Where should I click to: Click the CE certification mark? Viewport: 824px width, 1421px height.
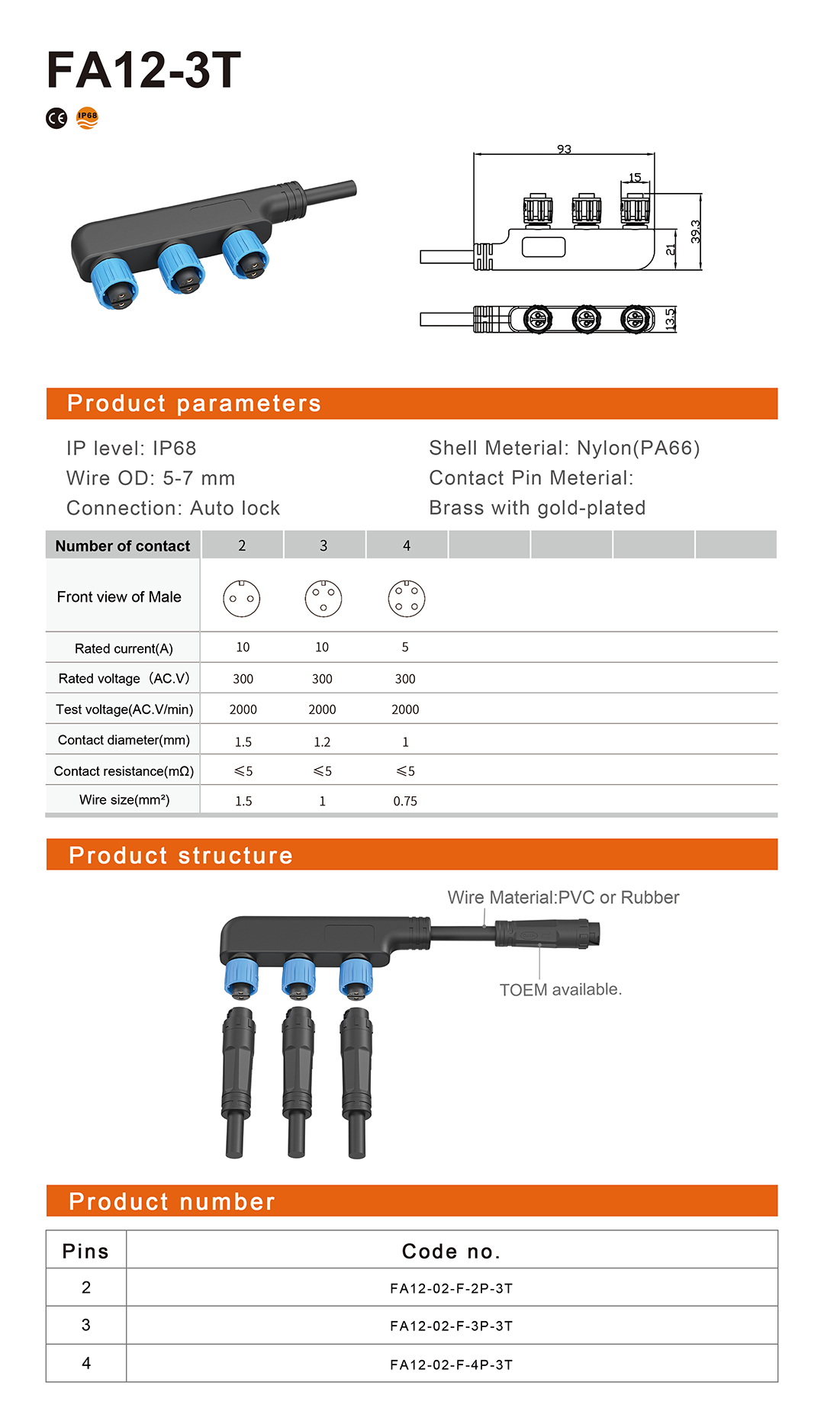(x=56, y=118)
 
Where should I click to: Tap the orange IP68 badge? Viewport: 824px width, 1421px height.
(x=88, y=117)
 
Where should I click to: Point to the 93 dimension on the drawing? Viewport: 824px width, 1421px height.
(x=564, y=149)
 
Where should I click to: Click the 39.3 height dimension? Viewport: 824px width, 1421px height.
(x=695, y=232)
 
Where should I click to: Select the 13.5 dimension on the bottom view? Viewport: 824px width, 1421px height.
(x=670, y=319)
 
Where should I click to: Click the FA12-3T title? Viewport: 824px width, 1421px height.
(x=143, y=70)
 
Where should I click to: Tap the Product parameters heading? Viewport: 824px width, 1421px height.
(x=194, y=403)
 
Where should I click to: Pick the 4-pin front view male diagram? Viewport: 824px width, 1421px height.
(x=407, y=599)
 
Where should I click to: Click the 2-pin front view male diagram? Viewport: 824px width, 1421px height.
(x=242, y=599)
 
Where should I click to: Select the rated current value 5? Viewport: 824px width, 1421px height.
(x=405, y=648)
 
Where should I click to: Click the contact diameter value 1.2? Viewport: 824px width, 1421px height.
(x=322, y=741)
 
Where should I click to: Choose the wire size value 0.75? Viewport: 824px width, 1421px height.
(x=405, y=801)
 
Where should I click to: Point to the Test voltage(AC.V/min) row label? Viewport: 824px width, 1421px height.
(x=124, y=709)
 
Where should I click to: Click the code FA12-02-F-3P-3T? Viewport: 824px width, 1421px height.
(x=451, y=1326)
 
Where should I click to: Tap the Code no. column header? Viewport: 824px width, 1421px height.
(x=451, y=1252)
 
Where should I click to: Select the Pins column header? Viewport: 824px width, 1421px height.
(x=85, y=1252)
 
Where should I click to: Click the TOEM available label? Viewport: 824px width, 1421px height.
(x=561, y=989)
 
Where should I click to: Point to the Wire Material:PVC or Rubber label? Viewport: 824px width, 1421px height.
(x=563, y=898)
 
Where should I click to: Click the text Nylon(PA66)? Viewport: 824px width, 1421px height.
(x=638, y=448)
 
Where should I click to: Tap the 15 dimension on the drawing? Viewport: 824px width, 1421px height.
(x=635, y=177)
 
